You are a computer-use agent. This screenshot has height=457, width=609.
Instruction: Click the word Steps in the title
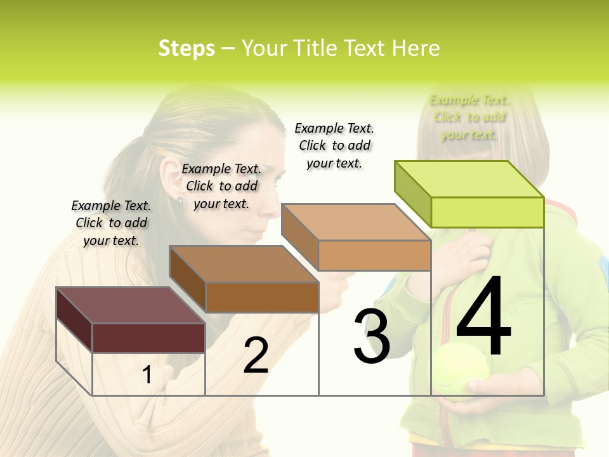click(187, 48)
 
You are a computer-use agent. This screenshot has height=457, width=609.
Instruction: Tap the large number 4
click(483, 317)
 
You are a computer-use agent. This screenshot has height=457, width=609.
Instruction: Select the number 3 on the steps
click(372, 336)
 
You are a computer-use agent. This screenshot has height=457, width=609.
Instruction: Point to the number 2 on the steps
click(256, 355)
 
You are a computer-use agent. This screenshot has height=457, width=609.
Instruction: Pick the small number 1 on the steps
click(147, 375)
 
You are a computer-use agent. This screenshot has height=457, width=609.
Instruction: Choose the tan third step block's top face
click(355, 222)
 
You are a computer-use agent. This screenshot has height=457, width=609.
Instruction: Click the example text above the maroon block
click(111, 223)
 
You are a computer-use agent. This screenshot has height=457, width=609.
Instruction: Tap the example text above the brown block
click(221, 186)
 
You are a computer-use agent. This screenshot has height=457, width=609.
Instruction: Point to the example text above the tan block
click(334, 145)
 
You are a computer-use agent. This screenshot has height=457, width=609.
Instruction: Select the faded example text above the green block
click(469, 117)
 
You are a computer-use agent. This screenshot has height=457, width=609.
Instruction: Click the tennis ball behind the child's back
click(460, 371)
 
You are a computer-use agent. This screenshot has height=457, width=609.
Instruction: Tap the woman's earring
click(180, 201)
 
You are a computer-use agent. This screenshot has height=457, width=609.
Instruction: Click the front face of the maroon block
click(148, 338)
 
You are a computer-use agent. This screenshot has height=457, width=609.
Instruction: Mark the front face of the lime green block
click(487, 212)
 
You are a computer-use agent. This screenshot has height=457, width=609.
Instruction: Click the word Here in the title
click(416, 48)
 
